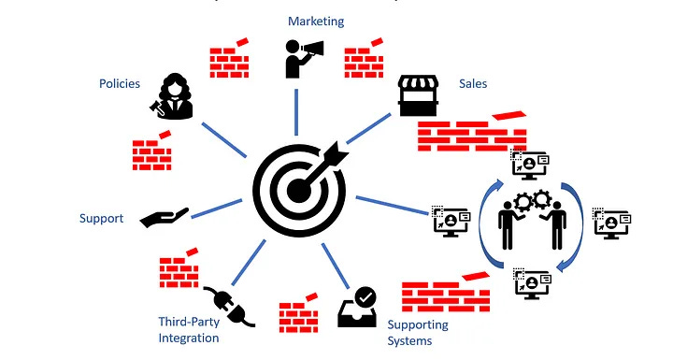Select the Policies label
click(120, 83)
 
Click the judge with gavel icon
click(173, 96)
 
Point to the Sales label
click(473, 83)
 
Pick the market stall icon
click(420, 95)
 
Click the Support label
click(102, 218)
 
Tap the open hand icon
click(165, 218)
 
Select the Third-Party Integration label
click(189, 330)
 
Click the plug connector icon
click(227, 305)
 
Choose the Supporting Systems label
click(418, 332)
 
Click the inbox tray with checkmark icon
click(358, 306)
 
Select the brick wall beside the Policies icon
click(150, 151)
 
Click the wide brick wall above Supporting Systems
click(446, 295)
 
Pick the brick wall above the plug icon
click(178, 271)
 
